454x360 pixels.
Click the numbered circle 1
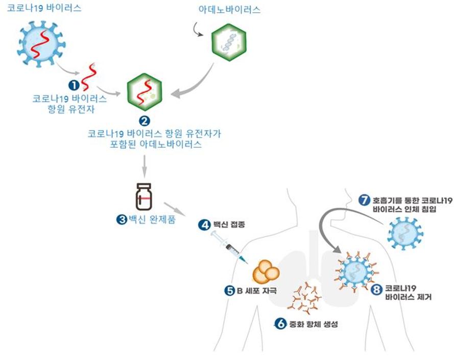coord(74,85)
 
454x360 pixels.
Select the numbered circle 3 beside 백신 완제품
coord(122,219)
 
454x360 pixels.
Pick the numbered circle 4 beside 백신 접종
coord(204,225)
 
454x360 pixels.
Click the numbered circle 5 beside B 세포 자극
coord(230,291)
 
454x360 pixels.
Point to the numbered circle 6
coord(280,324)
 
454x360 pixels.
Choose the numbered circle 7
coord(364,200)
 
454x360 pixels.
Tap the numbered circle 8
coord(377,290)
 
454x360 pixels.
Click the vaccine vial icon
coord(144,197)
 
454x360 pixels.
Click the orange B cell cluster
coord(266,271)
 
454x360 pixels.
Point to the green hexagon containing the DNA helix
coord(229,42)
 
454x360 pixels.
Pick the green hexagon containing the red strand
coord(145,92)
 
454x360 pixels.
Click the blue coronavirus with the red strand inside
coord(41,44)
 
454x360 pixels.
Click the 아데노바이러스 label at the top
coord(229,10)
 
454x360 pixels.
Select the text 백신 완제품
coord(152,219)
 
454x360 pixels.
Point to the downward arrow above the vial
coord(144,166)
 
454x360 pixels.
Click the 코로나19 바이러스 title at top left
coord(44,8)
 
